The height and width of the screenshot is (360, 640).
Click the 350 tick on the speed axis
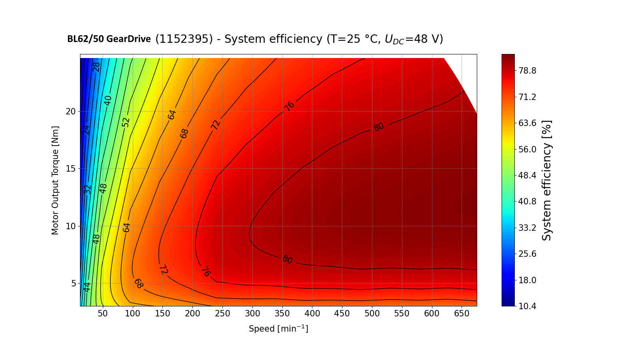[282, 314]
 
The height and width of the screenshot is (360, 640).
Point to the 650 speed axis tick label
[462, 314]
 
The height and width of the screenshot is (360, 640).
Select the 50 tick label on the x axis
[103, 314]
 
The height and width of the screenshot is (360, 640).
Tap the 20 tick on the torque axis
[71, 111]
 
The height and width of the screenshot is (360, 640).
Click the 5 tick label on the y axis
[73, 283]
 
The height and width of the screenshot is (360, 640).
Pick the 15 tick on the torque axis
[71, 168]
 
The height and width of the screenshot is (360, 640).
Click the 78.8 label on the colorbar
[527, 71]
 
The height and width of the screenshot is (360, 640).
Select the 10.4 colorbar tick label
[527, 306]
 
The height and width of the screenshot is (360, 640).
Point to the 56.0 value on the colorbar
[527, 149]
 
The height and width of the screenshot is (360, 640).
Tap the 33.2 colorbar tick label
[527, 228]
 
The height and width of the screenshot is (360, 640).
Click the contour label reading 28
[96, 67]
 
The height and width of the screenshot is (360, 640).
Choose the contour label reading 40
[108, 100]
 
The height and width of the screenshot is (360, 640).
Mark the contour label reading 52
[126, 122]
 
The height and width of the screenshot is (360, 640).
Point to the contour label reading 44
[87, 287]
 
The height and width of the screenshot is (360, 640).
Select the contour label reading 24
[86, 130]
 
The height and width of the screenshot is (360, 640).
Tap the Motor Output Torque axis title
[55, 180]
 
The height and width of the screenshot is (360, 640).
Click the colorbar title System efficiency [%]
[546, 180]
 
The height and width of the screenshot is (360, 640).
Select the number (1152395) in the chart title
[184, 39]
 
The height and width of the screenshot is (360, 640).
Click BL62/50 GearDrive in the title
[109, 39]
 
